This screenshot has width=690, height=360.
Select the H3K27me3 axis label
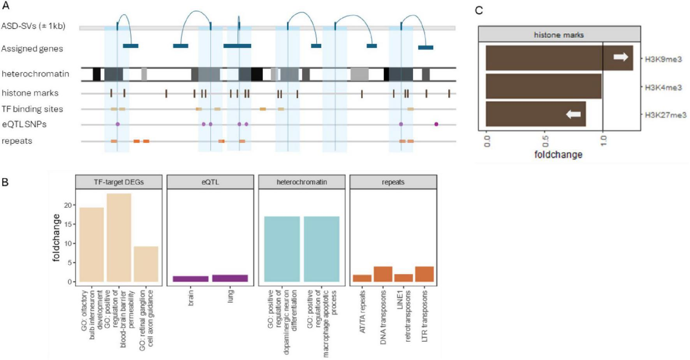point(665,115)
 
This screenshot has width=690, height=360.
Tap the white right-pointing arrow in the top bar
point(621,57)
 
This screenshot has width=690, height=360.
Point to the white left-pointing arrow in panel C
point(573,114)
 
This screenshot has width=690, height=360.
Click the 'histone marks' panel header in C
point(559,35)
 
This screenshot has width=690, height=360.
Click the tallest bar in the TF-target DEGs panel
point(119,237)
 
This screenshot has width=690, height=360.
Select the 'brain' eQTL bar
point(190,279)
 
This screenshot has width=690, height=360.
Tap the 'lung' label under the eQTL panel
point(231,296)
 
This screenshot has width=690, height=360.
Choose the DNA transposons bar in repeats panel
point(383,274)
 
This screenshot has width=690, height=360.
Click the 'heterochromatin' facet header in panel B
point(302,182)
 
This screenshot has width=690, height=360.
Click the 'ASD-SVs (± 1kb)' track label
point(33,26)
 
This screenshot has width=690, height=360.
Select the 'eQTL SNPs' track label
point(24,124)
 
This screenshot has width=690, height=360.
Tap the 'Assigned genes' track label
point(32,49)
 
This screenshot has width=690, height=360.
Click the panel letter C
point(479,11)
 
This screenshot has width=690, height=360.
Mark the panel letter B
point(5,182)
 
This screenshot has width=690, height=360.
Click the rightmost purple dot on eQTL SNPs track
point(436,124)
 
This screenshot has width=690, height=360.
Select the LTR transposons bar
point(424,274)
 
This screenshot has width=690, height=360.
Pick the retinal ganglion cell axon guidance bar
point(146,264)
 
